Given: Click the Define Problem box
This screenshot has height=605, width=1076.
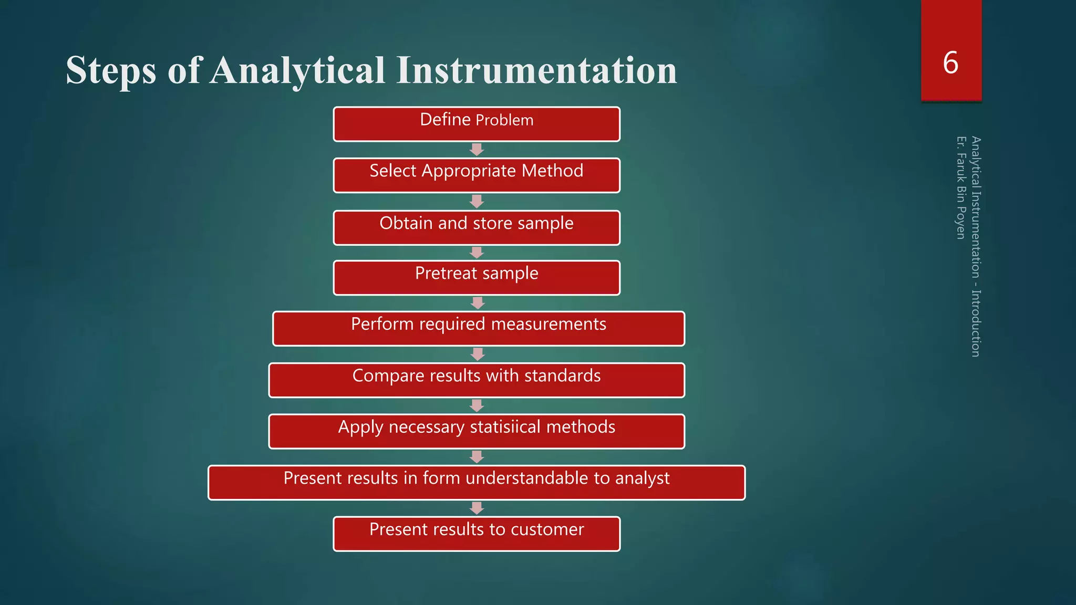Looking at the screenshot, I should pyautogui.click(x=477, y=124).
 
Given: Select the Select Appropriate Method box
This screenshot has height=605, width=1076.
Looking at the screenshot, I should pyautogui.click(x=477, y=175).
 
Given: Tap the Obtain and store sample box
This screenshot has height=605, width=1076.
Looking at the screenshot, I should pyautogui.click(x=477, y=227).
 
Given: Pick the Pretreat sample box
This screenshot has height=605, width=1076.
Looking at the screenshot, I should pyautogui.click(x=477, y=278).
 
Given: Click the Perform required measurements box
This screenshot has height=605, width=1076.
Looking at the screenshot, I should pyautogui.click(x=479, y=329).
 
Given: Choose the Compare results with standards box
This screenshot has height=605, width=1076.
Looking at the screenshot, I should pyautogui.click(x=477, y=380).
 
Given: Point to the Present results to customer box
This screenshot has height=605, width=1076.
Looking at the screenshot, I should pyautogui.click(x=477, y=534).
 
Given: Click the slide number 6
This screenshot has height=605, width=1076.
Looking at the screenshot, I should pyautogui.click(x=950, y=62).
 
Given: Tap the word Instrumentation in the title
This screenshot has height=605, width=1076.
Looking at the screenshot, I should pyautogui.click(x=536, y=70).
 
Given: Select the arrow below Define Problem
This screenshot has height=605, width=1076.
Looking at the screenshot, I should pyautogui.click(x=477, y=150).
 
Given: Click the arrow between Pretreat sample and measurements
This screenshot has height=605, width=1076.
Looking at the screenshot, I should pyautogui.click(x=478, y=303).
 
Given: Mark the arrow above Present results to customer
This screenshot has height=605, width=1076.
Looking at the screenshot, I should pyautogui.click(x=477, y=508).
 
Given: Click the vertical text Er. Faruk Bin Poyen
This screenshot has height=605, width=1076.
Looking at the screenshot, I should pyautogui.click(x=960, y=187).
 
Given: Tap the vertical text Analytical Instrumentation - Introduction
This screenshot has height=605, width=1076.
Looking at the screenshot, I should pyautogui.click(x=976, y=247).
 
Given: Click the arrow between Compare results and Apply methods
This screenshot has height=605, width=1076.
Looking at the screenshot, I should pyautogui.click(x=477, y=405).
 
